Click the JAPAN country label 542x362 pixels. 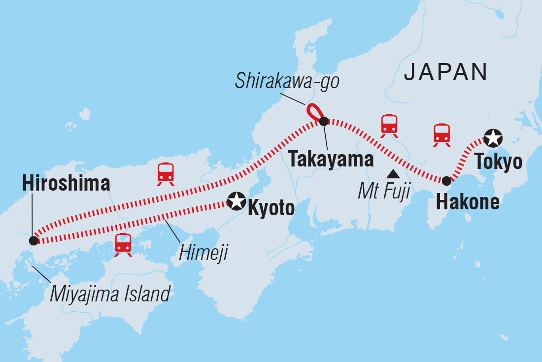pyautogui.click(x=446, y=72)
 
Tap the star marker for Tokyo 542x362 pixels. pyautogui.click(x=492, y=138)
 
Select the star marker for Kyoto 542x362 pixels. pyautogui.click(x=236, y=200)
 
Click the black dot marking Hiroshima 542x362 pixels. pyautogui.click(x=33, y=241)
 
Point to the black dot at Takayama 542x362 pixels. pyautogui.click(x=323, y=121)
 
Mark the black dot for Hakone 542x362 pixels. pyautogui.click(x=446, y=181)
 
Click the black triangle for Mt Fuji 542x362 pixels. pyautogui.click(x=393, y=173)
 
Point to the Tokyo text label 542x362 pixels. pyautogui.click(x=498, y=161)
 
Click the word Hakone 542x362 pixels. pyautogui.click(x=468, y=202)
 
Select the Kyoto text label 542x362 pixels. pyautogui.click(x=271, y=208)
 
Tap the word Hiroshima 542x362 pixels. pyautogui.click(x=66, y=184)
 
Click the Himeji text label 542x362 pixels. pyautogui.click(x=199, y=254)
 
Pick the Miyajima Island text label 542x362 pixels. pyautogui.click(x=110, y=294)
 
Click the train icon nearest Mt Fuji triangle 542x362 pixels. pyautogui.click(x=389, y=126)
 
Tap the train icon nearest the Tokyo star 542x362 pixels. pyautogui.click(x=441, y=134)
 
